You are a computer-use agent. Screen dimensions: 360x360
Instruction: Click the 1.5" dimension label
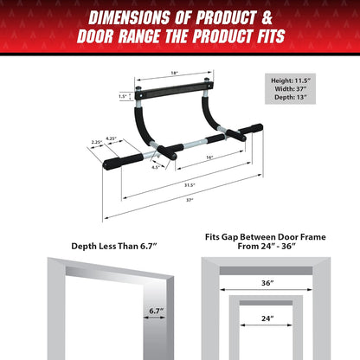point(124,96)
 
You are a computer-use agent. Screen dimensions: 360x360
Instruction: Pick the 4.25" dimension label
point(111,136)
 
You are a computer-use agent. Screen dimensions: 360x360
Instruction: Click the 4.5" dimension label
point(156,167)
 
